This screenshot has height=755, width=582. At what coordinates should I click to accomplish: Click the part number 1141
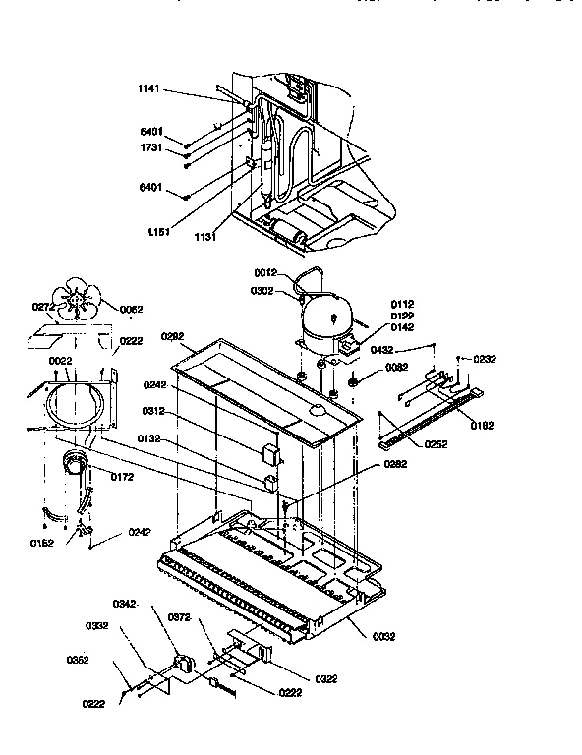pyautogui.click(x=148, y=89)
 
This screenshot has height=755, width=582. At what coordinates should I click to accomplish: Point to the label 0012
pyautogui.click(x=267, y=272)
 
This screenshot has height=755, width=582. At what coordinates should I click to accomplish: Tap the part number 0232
pyautogui.click(x=485, y=360)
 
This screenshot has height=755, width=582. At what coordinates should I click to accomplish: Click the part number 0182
pyautogui.click(x=483, y=425)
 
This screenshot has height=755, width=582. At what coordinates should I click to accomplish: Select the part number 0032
pyautogui.click(x=384, y=636)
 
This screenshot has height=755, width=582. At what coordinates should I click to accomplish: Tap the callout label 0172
pyautogui.click(x=121, y=477)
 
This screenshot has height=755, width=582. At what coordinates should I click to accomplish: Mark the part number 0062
pyautogui.click(x=132, y=310)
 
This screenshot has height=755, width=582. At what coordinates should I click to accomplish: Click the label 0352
pyautogui.click(x=78, y=660)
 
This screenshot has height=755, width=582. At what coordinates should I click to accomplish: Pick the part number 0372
pyautogui.click(x=179, y=617)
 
